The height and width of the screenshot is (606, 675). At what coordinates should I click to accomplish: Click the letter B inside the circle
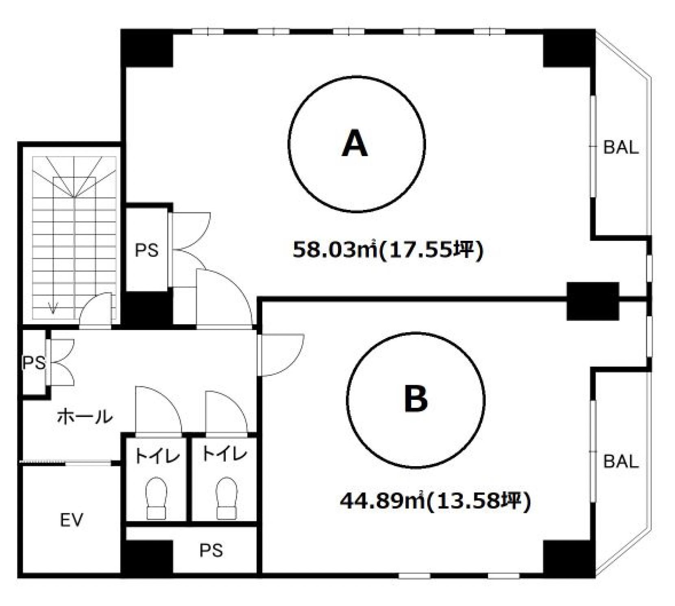click(x=416, y=399)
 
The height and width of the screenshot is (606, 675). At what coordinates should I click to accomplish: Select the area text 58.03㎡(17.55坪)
click(x=388, y=249)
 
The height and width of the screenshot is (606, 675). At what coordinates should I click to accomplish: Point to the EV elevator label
click(x=72, y=520)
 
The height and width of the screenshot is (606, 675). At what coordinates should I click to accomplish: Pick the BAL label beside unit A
click(x=621, y=147)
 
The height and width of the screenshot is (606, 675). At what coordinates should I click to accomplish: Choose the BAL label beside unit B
click(x=621, y=462)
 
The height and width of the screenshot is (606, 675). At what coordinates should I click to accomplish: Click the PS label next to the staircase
click(x=146, y=250)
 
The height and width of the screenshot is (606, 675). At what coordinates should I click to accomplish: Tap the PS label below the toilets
click(x=211, y=550)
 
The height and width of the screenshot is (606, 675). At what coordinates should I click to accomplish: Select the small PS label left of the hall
click(x=34, y=363)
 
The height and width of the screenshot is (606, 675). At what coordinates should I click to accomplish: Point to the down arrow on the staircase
click(x=53, y=308)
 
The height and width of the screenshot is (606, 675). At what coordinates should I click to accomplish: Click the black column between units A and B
click(x=593, y=301)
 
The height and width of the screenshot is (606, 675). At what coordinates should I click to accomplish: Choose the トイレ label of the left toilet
click(x=157, y=455)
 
